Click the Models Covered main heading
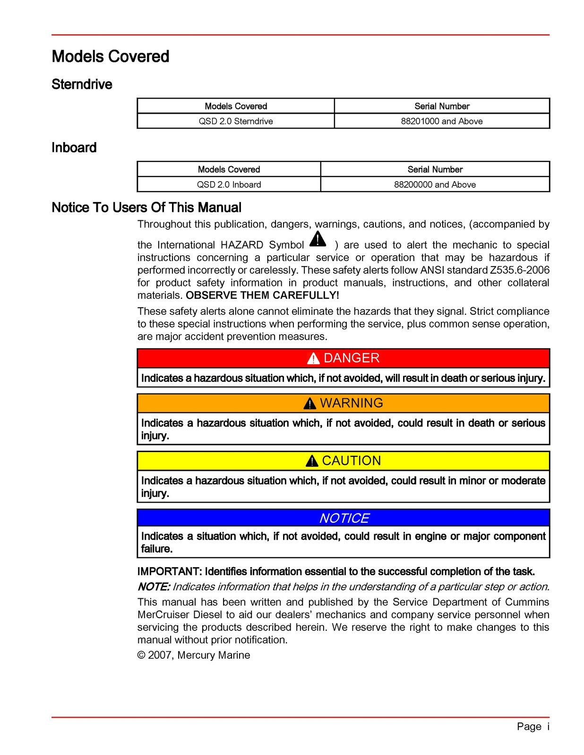pyautogui.click(x=110, y=57)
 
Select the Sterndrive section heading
pyautogui.click(x=82, y=84)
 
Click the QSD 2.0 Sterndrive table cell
pyautogui.click(x=235, y=121)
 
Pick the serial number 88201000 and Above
pyautogui.click(x=441, y=121)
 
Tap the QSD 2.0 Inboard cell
pyautogui.click(x=229, y=185)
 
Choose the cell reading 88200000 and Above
pyautogui.click(x=435, y=185)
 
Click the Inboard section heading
pyautogui.click(x=74, y=148)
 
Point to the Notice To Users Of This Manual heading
pyautogui.click(x=146, y=208)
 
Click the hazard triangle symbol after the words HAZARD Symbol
pyautogui.click(x=318, y=239)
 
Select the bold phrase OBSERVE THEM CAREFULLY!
pyautogui.click(x=262, y=295)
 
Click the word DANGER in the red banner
pyautogui.click(x=351, y=358)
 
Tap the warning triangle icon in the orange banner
pyautogui.click(x=309, y=403)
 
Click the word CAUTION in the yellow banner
pyautogui.click(x=351, y=461)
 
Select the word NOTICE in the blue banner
pyautogui.click(x=344, y=518)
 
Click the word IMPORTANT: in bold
pyautogui.click(x=170, y=571)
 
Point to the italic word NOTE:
pyautogui.click(x=154, y=587)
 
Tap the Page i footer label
pyautogui.click(x=533, y=726)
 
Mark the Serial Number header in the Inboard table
pyautogui.click(x=435, y=169)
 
